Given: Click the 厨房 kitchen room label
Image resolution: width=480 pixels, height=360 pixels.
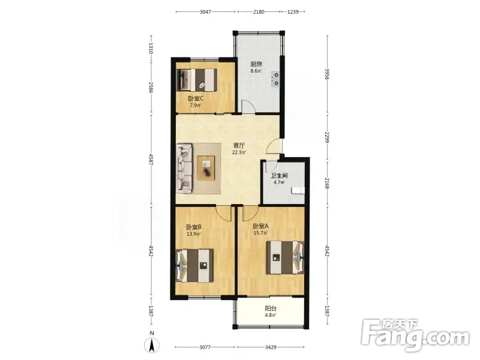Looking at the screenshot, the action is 256,64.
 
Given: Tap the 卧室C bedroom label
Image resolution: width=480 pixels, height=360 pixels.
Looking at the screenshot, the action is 196,98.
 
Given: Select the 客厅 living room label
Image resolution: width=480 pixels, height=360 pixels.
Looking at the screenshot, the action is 239,145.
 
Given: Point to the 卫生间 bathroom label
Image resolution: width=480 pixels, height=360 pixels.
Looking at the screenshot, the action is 279,176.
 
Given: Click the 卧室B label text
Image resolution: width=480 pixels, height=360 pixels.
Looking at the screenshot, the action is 194,227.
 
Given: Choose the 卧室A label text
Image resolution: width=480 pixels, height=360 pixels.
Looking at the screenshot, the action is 261,226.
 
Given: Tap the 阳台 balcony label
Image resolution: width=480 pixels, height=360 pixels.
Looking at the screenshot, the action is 271,308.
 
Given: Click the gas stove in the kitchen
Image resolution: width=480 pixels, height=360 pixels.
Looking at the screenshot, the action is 275,79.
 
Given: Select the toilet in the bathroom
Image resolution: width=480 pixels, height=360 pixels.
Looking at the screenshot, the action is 298,190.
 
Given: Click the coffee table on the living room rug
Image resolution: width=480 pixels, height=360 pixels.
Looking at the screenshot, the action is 206,168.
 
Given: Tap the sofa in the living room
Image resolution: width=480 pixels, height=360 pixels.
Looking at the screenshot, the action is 185,169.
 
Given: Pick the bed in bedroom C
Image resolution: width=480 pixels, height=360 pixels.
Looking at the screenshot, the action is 197,80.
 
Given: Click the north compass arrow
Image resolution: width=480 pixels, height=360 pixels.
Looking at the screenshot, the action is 152,346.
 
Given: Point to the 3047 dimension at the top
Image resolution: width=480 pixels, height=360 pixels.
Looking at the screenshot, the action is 205,12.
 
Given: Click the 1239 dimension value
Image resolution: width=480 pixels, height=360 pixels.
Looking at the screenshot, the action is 293,12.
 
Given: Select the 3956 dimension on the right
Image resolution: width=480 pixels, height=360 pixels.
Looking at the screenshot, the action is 327,74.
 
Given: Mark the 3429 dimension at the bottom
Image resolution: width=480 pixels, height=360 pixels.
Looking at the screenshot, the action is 271,347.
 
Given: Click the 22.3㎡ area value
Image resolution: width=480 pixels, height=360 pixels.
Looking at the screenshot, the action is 239,152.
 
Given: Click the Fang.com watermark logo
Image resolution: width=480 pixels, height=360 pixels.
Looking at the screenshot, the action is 415,335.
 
